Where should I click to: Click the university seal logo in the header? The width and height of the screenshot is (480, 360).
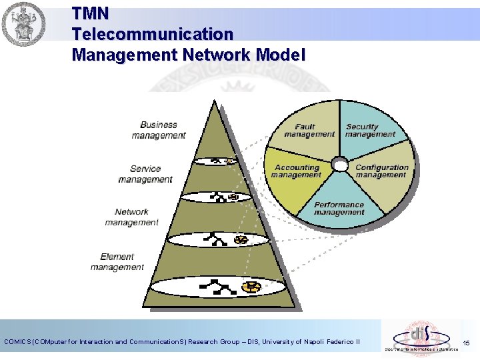pos(24,25)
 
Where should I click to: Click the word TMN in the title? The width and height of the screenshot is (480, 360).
pos(90,13)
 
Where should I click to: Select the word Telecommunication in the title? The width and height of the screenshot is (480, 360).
pos(153,33)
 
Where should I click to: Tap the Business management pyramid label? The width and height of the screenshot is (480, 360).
pos(158,130)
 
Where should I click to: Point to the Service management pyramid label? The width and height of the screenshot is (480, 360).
pos(145,174)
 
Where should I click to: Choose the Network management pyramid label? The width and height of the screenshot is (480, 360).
pos(131,217)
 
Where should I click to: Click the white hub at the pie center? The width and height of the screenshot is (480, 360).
pos(339,164)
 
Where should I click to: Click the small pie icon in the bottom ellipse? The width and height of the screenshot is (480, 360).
pos(251,287)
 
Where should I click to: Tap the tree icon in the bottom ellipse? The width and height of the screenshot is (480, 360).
pos(219,287)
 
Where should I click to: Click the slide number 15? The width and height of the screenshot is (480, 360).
pos(466,343)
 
